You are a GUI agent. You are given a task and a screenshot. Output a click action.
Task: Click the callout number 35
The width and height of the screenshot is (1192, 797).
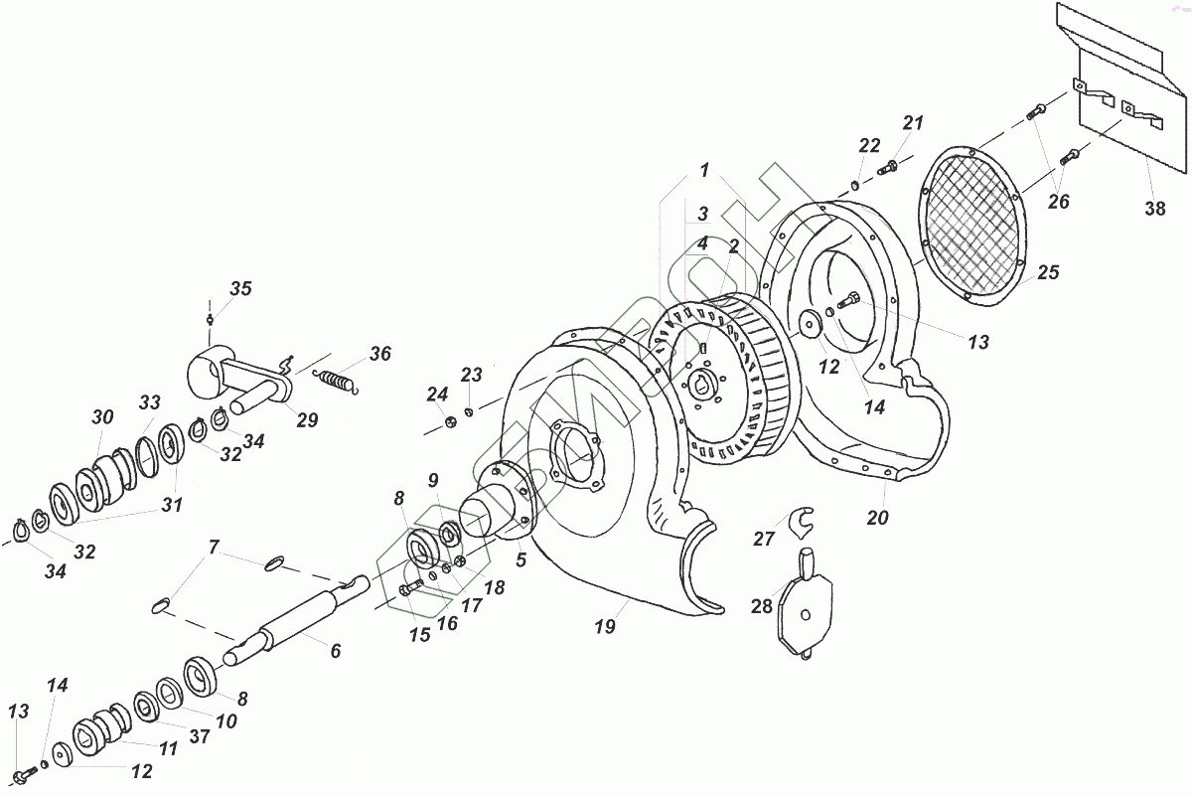241,289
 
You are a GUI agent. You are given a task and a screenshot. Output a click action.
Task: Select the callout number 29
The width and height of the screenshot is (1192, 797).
307,420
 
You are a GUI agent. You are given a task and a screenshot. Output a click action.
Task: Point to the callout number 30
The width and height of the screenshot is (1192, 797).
103,417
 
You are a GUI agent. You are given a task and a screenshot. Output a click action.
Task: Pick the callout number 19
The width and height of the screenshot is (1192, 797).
605,627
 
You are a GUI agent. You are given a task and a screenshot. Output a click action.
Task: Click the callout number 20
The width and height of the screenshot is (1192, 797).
877,518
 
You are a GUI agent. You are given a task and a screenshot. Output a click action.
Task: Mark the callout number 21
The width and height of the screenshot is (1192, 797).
913,123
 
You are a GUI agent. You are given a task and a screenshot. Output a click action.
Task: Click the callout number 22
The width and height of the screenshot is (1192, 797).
869,146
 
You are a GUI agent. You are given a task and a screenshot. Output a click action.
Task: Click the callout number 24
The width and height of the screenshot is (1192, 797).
439,396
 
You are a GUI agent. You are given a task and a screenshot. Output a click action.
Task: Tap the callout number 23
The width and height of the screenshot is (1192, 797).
471,376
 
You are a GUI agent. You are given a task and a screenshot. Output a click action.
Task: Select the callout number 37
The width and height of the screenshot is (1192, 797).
201,736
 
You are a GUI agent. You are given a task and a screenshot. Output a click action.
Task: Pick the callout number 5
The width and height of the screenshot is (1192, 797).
521,559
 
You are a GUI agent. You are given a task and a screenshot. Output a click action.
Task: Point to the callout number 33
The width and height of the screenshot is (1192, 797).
150,402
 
